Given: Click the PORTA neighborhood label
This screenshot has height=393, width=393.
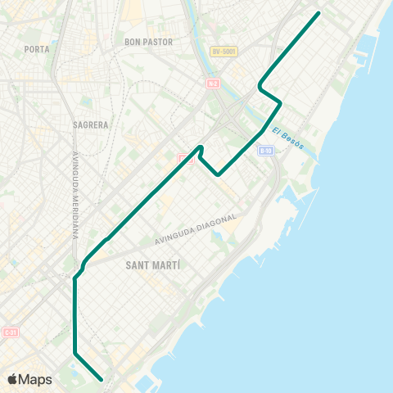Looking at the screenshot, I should (x=38, y=49).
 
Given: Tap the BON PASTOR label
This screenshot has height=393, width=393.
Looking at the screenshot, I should (x=144, y=41).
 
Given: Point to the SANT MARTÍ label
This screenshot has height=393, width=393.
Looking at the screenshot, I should (x=154, y=266).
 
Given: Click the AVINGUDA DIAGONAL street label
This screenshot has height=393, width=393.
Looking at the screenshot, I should (x=196, y=229).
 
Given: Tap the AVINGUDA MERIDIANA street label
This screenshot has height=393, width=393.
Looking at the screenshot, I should (x=75, y=194).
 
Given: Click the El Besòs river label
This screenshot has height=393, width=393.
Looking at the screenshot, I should (x=288, y=138).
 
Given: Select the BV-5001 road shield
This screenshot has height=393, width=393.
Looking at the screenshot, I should (x=224, y=52).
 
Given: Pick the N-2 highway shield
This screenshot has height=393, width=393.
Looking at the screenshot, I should (x=213, y=82).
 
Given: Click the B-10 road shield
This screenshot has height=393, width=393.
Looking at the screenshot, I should (x=264, y=151).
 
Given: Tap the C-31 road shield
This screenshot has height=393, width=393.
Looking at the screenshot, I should (x=10, y=333).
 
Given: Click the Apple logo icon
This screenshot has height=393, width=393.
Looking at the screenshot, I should (x=13, y=379).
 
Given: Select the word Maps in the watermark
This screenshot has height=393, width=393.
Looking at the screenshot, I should (x=36, y=380).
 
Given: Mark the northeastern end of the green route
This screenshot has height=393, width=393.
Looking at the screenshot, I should (x=318, y=13).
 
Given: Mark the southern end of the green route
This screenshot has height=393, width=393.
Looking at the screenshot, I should (x=101, y=380).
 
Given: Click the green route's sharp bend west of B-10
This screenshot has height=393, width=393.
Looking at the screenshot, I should (x=219, y=174).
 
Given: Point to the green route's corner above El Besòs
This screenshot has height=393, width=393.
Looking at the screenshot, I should (x=280, y=102).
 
